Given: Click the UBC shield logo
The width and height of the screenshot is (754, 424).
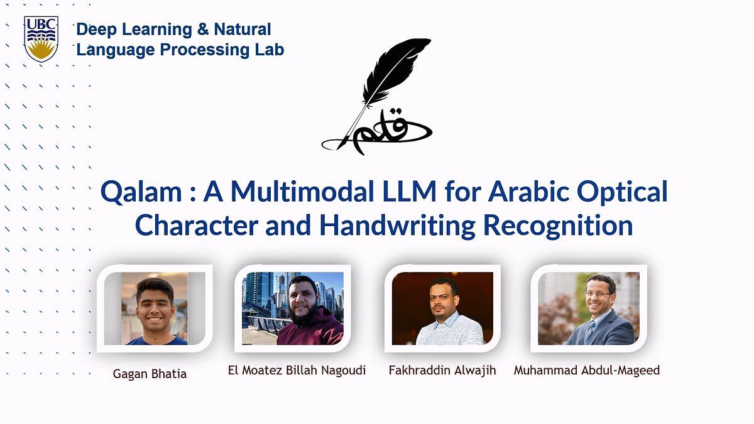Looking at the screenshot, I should [41, 39].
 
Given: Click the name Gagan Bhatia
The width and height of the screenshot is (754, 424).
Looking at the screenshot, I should [150, 374].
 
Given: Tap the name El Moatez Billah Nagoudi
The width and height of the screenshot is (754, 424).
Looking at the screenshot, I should [297, 370].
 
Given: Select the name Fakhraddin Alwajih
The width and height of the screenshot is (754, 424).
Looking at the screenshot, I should [442, 370].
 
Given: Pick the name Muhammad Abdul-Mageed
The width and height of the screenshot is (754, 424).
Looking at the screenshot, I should [587, 370].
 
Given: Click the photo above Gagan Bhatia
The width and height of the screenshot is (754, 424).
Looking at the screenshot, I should [155, 308].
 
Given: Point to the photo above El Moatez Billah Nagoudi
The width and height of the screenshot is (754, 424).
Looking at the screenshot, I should [293, 308].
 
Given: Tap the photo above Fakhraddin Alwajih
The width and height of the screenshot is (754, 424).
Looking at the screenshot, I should [442, 308].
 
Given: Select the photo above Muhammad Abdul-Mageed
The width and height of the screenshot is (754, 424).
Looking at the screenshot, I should [589, 308].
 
